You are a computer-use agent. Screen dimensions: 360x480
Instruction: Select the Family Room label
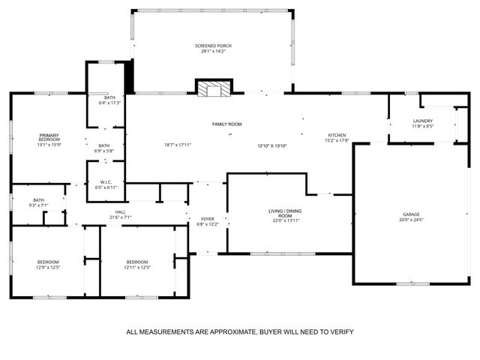pyautogui.click(x=226, y=124)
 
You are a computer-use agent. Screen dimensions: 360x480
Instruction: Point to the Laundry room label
pyautogui.click(x=423, y=121)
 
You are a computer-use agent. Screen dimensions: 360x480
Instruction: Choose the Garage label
pyautogui.click(x=412, y=214)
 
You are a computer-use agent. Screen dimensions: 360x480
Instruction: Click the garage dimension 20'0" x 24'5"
pyautogui.click(x=412, y=220)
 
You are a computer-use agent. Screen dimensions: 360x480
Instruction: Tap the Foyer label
pyautogui.click(x=207, y=219)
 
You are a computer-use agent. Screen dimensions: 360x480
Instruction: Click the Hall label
pyautogui.click(x=120, y=212)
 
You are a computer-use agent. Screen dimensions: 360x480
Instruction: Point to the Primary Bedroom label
pyautogui.click(x=49, y=137)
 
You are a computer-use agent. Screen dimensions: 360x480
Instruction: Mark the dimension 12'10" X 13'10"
pyautogui.click(x=272, y=145)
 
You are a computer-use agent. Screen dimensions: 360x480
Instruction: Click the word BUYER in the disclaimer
pyautogui.click(x=275, y=331)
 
